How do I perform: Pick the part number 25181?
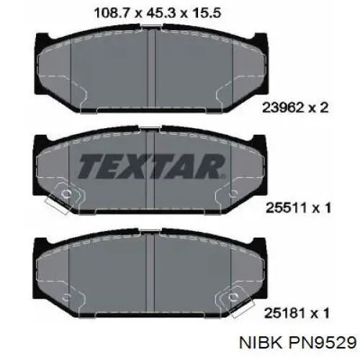tap(285, 312)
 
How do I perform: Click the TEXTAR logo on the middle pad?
tap(149, 168)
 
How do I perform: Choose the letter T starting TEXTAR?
tap(88, 168)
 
